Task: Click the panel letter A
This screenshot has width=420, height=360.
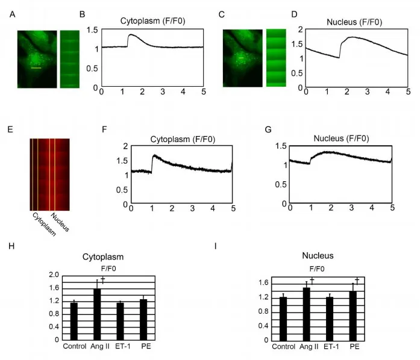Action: (x=12, y=14)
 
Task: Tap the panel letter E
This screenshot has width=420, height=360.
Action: (x=10, y=130)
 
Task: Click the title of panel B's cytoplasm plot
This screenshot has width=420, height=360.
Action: (x=152, y=21)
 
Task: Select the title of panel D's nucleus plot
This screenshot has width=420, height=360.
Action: (x=354, y=22)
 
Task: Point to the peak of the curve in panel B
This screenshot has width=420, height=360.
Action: (x=131, y=34)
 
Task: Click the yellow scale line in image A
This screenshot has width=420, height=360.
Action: (x=36, y=68)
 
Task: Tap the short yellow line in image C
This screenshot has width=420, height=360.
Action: (x=241, y=58)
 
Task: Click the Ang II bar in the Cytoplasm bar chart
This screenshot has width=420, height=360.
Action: (x=97, y=314)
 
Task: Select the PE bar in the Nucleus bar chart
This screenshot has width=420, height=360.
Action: (x=353, y=316)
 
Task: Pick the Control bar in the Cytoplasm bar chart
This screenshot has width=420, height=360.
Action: (x=74, y=321)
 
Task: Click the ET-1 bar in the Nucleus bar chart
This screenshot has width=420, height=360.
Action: (x=330, y=319)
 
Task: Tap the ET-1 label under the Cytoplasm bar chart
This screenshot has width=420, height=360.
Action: (x=123, y=346)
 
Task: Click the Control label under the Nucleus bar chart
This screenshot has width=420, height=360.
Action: (x=283, y=347)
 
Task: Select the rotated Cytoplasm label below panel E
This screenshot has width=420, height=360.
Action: (x=44, y=225)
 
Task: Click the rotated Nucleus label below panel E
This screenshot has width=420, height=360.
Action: (x=60, y=222)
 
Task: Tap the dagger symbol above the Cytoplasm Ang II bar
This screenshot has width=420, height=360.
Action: (x=102, y=280)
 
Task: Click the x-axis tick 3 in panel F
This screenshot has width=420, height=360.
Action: (x=192, y=208)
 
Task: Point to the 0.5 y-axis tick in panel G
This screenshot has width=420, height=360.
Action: (x=281, y=184)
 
